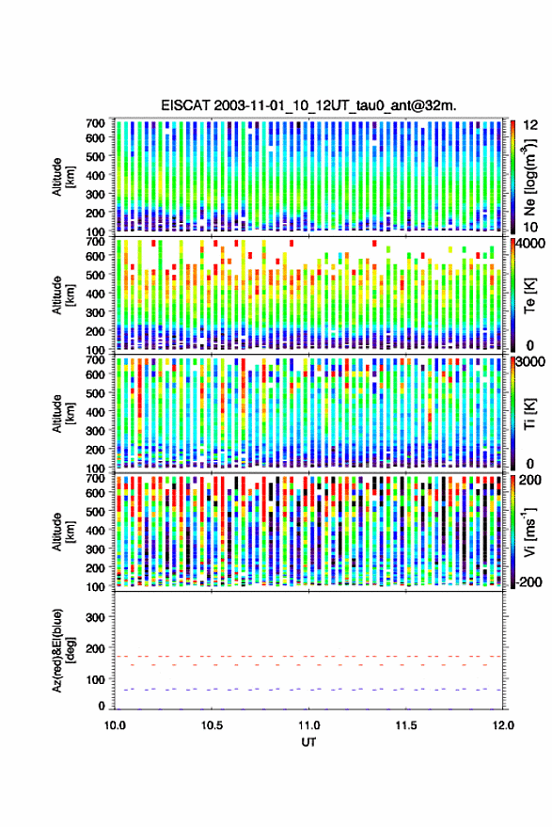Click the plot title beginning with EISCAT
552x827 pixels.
point(308,105)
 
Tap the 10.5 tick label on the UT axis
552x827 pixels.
point(212,725)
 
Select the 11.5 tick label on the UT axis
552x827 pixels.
point(405,725)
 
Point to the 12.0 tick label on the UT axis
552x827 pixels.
point(502,725)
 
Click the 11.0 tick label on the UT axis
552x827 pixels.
point(308,725)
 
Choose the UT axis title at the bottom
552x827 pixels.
point(308,742)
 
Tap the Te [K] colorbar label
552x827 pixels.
point(529,295)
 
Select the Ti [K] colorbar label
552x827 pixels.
point(529,414)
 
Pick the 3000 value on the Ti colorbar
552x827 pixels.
point(530,362)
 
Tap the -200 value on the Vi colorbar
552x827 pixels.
point(529,581)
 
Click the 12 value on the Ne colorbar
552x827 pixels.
point(530,125)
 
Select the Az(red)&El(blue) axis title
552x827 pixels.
point(62,650)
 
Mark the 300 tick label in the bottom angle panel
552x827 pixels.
point(95,617)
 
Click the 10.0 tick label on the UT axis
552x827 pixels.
point(115,725)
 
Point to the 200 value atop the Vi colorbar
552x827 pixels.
point(529,480)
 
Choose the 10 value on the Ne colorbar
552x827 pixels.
point(530,227)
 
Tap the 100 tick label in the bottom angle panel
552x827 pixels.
point(95,679)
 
